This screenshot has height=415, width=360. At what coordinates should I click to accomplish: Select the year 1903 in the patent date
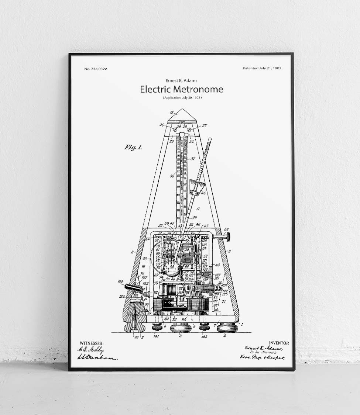point(276,68)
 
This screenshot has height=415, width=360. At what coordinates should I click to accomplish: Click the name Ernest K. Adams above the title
point(181,80)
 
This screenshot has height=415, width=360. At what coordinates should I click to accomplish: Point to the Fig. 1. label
point(133,147)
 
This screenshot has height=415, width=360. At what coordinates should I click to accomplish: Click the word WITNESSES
point(91,343)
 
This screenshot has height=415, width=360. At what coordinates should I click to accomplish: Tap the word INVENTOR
point(279,343)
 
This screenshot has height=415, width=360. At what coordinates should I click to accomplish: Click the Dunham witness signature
point(97,357)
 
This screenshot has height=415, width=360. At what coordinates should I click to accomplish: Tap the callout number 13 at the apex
point(171,112)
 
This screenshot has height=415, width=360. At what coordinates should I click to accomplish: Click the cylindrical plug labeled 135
point(133,287)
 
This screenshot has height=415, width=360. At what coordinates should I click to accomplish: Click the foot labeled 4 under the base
point(226,328)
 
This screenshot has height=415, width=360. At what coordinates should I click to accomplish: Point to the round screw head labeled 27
point(190,130)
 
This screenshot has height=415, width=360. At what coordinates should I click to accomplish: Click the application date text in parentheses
point(182,98)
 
